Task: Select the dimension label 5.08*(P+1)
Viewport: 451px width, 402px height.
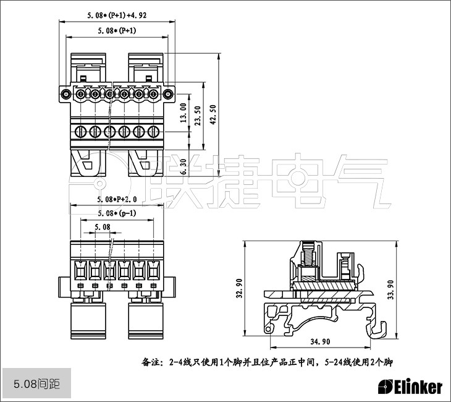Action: coord(117,30)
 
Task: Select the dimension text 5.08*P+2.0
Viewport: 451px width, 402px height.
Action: coord(117,199)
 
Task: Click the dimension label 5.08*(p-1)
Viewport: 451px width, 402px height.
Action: coord(117,213)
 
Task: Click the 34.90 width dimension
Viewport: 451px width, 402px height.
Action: coord(319,341)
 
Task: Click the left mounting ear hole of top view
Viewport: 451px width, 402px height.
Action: coord(65,94)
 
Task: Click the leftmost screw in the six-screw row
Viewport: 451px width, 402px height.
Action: coord(80,132)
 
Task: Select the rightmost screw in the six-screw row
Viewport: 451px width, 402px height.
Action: coord(153,132)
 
